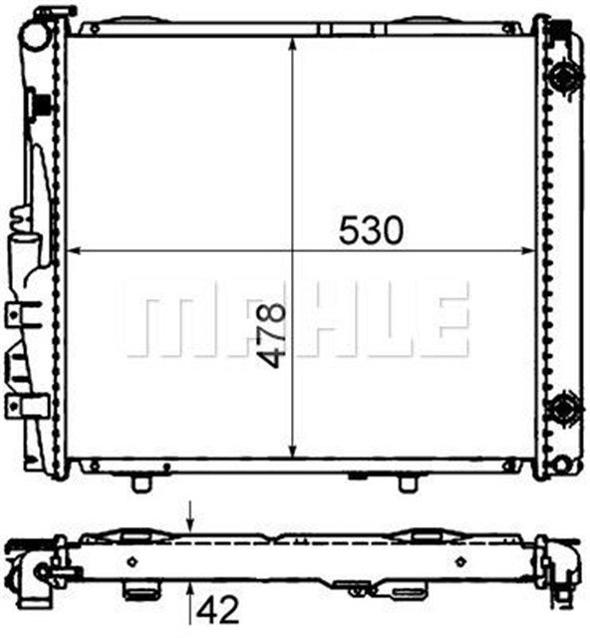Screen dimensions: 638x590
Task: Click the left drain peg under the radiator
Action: pos(142,482)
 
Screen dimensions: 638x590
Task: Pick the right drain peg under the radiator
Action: pos(407,482)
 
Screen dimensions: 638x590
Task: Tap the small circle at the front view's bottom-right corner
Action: pos(565,465)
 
